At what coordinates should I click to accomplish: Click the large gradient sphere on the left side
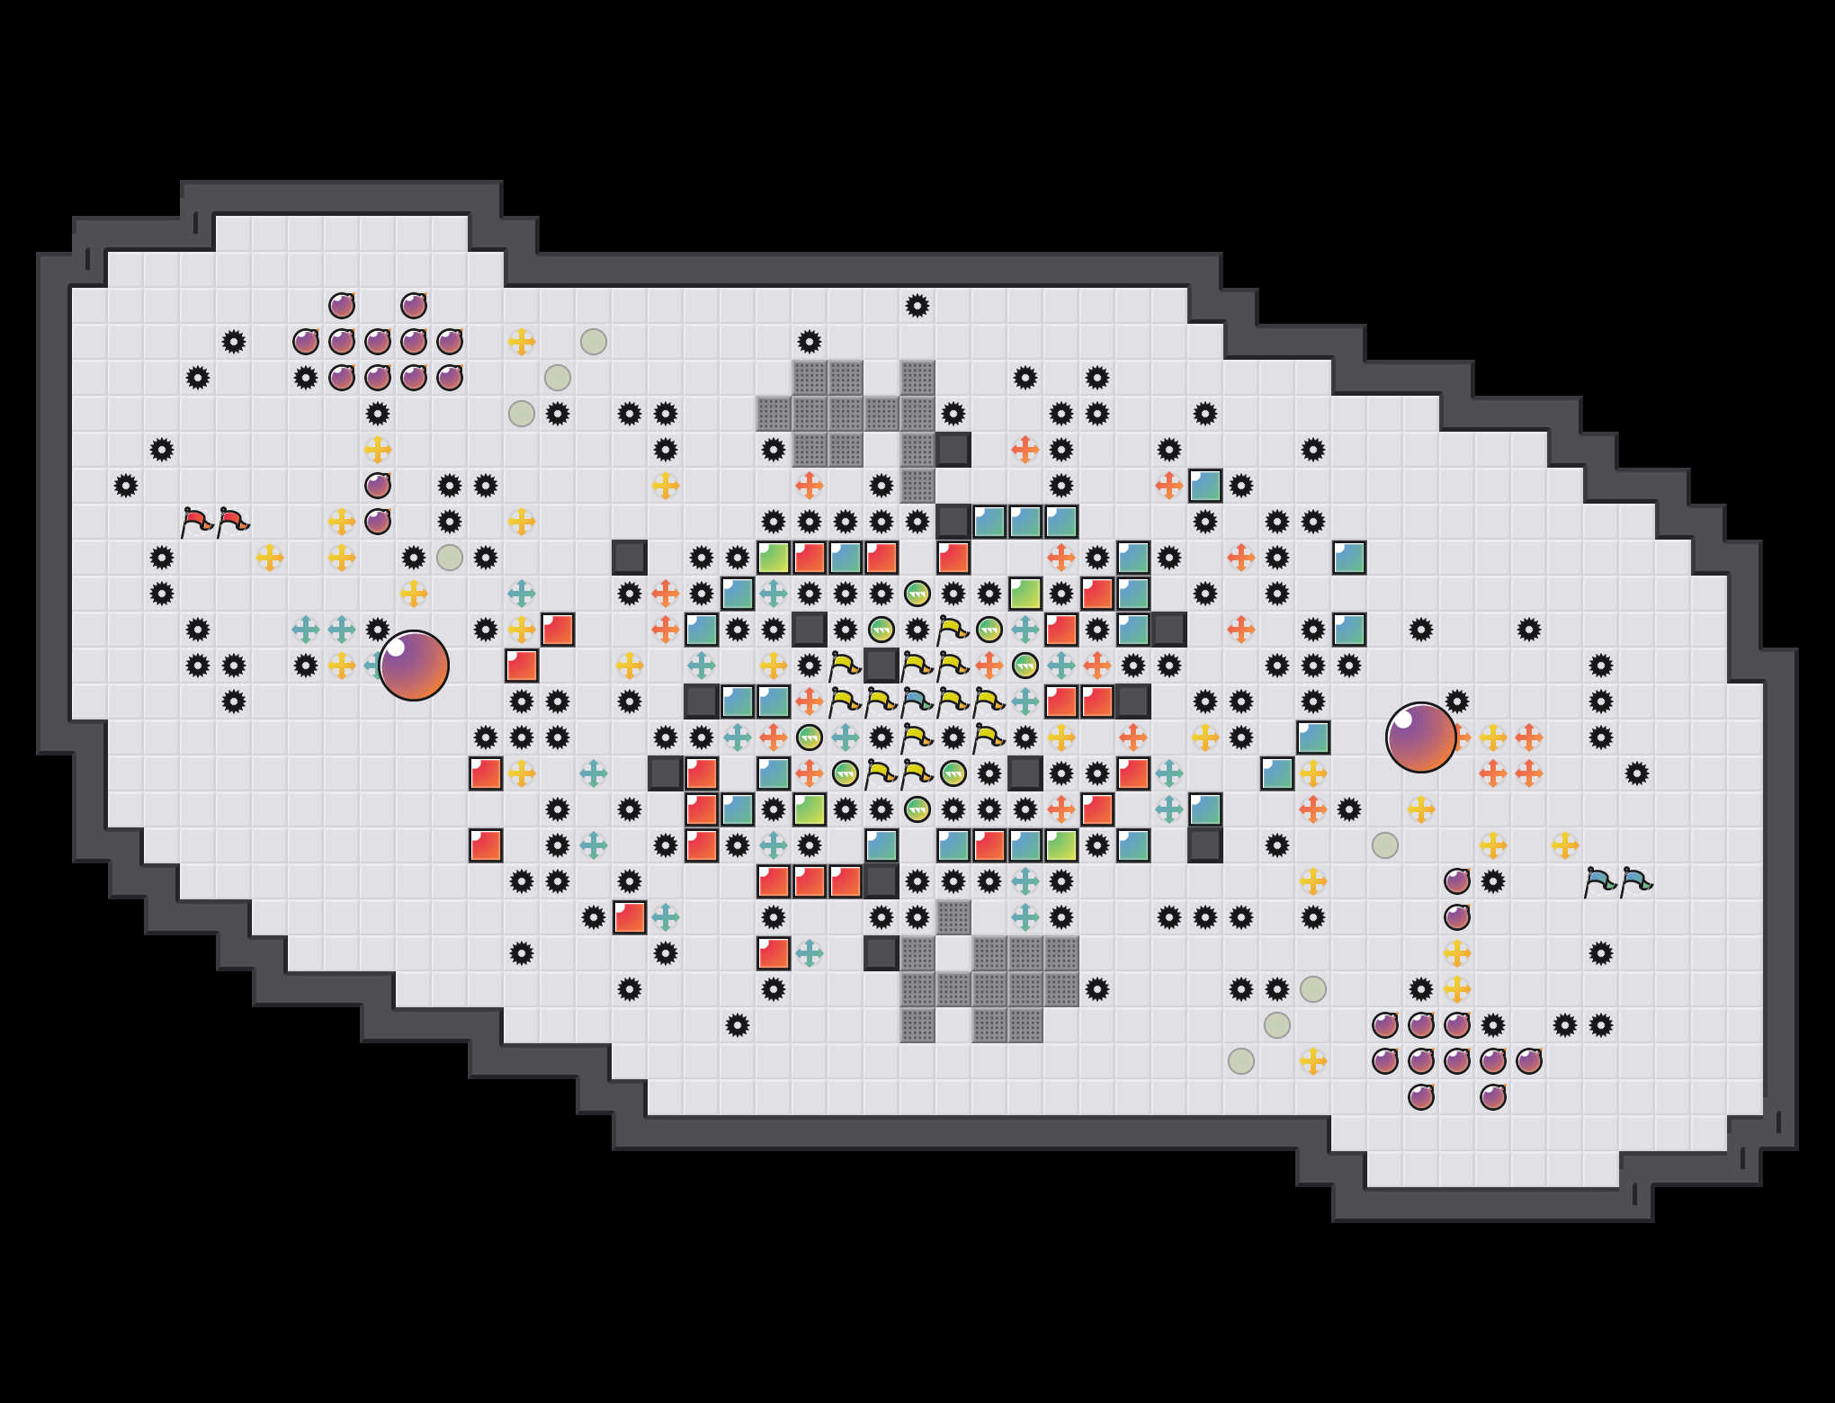414,666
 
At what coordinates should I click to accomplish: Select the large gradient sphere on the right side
1420,737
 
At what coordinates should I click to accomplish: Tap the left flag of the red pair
196,522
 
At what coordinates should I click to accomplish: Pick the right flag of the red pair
233,522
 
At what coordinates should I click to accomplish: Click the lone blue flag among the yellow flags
917,701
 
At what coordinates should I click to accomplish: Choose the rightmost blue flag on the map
1636,882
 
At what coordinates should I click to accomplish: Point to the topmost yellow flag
953,630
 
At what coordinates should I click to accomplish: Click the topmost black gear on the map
917,306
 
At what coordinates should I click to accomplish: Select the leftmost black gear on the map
126,486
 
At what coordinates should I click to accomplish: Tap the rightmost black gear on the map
1636,773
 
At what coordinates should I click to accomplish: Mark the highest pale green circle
594,342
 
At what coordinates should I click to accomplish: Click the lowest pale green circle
1241,1061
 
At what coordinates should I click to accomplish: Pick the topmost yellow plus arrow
522,342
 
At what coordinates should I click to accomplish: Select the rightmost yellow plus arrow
1565,845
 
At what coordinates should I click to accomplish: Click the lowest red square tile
774,953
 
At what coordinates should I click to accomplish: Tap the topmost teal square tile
1205,486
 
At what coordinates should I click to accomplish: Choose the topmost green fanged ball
917,594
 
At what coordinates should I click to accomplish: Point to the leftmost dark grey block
630,558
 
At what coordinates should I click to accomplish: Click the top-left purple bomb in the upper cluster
342,306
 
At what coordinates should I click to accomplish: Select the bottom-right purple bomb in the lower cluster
1493,1097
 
